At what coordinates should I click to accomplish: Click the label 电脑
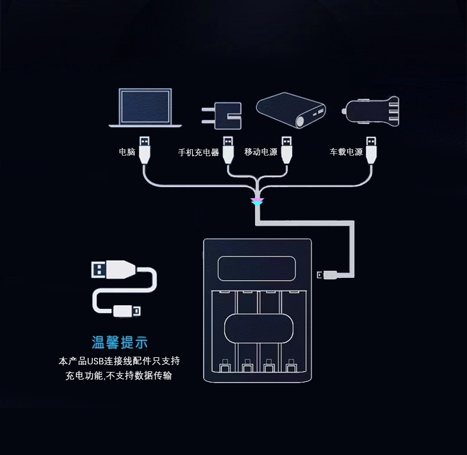(x=127, y=152)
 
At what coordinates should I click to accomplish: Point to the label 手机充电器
(x=198, y=152)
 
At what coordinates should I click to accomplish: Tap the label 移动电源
(x=260, y=152)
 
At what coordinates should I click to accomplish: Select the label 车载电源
(x=346, y=152)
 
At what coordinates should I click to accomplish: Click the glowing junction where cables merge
(x=257, y=202)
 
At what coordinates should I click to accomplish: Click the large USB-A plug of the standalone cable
(x=110, y=270)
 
